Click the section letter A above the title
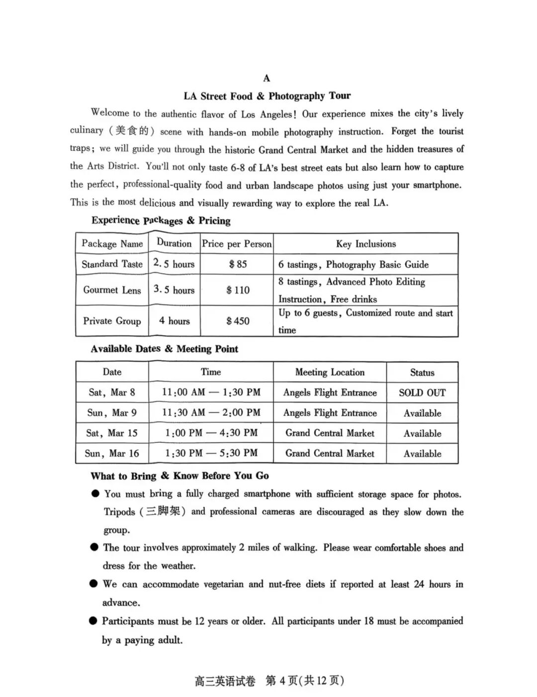click(x=267, y=78)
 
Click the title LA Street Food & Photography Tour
click(x=267, y=96)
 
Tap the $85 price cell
click(x=238, y=264)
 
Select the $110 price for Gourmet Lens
click(x=238, y=290)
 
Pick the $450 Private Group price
click(x=238, y=321)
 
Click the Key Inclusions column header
click(x=366, y=244)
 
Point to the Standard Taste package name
click(x=112, y=264)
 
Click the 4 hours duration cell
click(x=174, y=321)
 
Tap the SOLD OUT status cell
click(x=422, y=392)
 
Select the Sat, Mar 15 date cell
click(x=112, y=433)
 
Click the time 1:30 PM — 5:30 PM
click(x=211, y=453)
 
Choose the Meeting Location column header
click(x=330, y=372)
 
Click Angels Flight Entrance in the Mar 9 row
click(x=330, y=413)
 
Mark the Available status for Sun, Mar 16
click(x=422, y=454)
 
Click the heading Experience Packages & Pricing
click(x=161, y=221)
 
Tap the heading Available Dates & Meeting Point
click(x=164, y=349)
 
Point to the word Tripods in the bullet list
click(x=119, y=512)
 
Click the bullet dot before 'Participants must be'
click(x=93, y=621)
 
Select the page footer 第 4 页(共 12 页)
click(x=304, y=681)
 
